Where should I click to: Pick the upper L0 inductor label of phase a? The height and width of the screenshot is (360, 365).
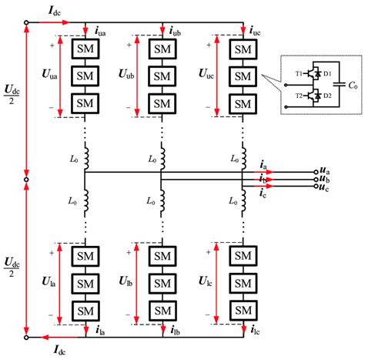(x=70, y=157)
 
